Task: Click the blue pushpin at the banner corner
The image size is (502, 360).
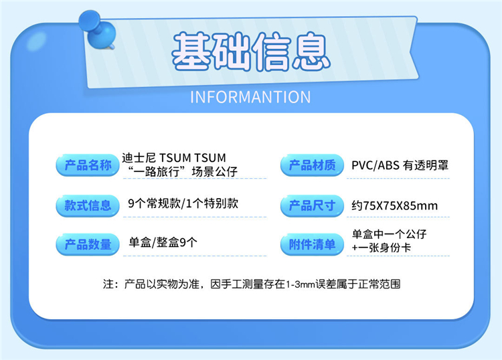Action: tap(97, 29)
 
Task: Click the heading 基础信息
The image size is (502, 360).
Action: tap(251, 52)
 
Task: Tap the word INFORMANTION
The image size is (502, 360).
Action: tap(250, 97)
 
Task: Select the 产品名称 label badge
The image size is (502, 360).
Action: tap(88, 165)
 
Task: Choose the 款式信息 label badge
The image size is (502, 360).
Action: tap(88, 205)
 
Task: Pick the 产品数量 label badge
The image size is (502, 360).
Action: tap(88, 244)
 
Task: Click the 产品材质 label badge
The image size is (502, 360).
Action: tap(312, 165)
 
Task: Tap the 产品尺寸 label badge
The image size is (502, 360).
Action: tap(312, 205)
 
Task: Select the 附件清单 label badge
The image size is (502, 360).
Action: tap(312, 244)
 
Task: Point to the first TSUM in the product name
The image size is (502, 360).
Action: tap(175, 158)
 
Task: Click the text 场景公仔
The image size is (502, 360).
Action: tap(214, 172)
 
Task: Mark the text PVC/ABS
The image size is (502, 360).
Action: tap(375, 165)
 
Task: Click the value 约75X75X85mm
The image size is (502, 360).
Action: tap(394, 205)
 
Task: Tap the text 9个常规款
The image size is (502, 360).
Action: tap(154, 203)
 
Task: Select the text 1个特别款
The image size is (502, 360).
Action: tap(212, 203)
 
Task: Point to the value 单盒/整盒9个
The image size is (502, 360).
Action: tap(163, 242)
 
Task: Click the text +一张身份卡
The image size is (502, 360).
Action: tap(381, 248)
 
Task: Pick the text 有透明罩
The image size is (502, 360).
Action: tap(426, 165)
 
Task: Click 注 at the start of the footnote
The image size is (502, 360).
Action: tap(108, 284)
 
